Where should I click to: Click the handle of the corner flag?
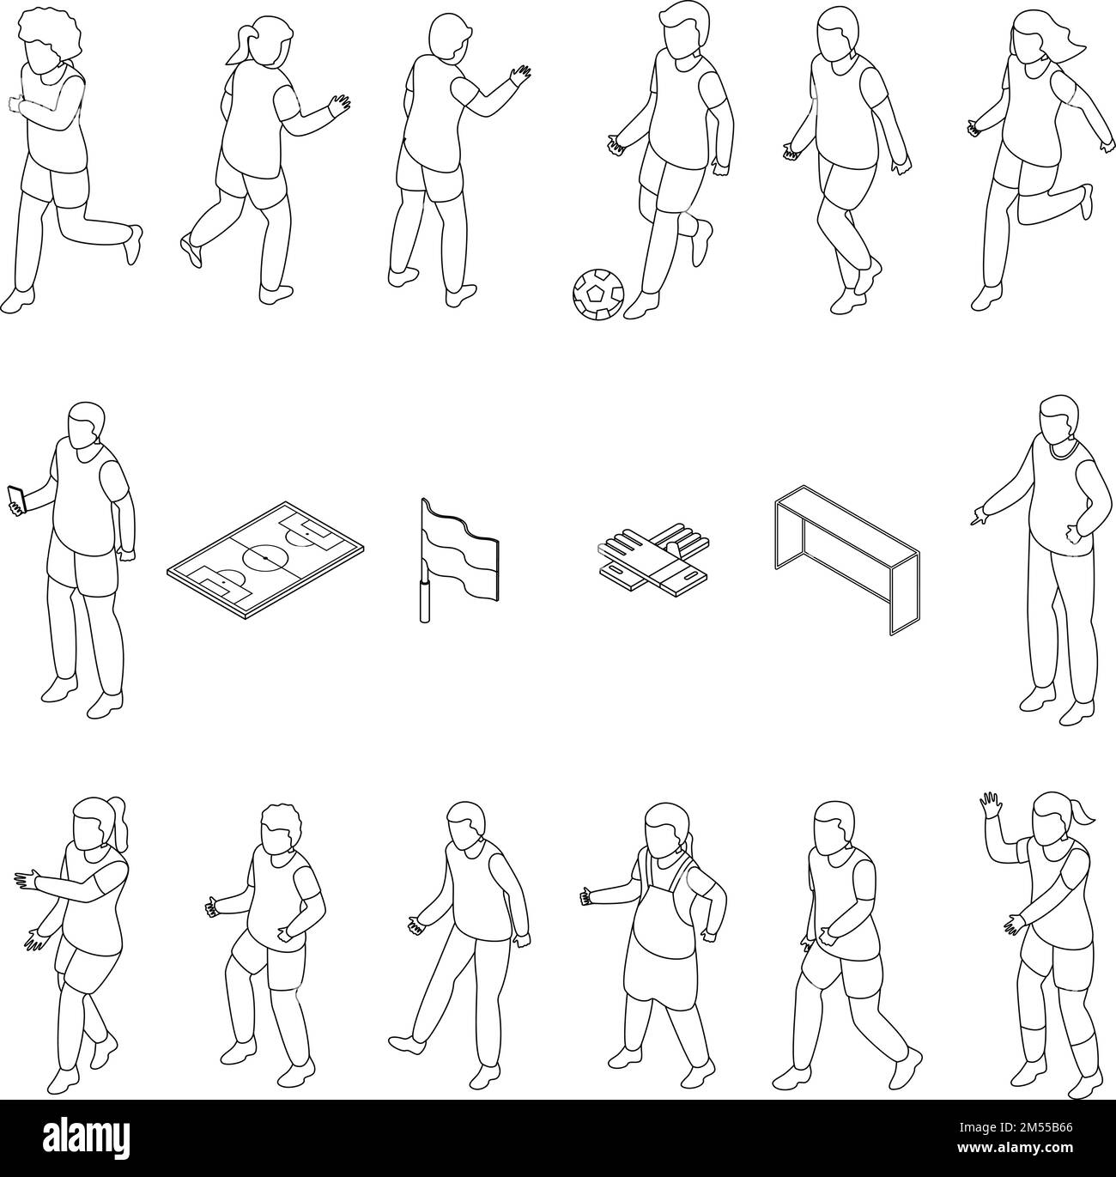pos(423,600)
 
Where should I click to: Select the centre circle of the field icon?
pos(265,559)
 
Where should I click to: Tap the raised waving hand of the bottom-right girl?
pos(990,806)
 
